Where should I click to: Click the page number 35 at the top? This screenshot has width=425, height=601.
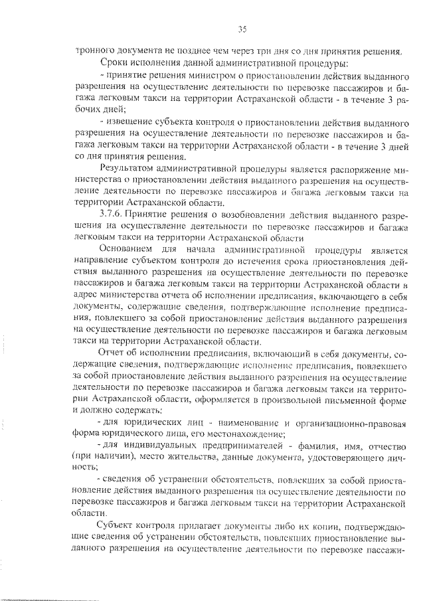coord(242,28)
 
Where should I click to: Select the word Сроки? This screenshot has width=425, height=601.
coord(112,63)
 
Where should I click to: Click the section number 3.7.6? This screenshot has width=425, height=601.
coord(111,215)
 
